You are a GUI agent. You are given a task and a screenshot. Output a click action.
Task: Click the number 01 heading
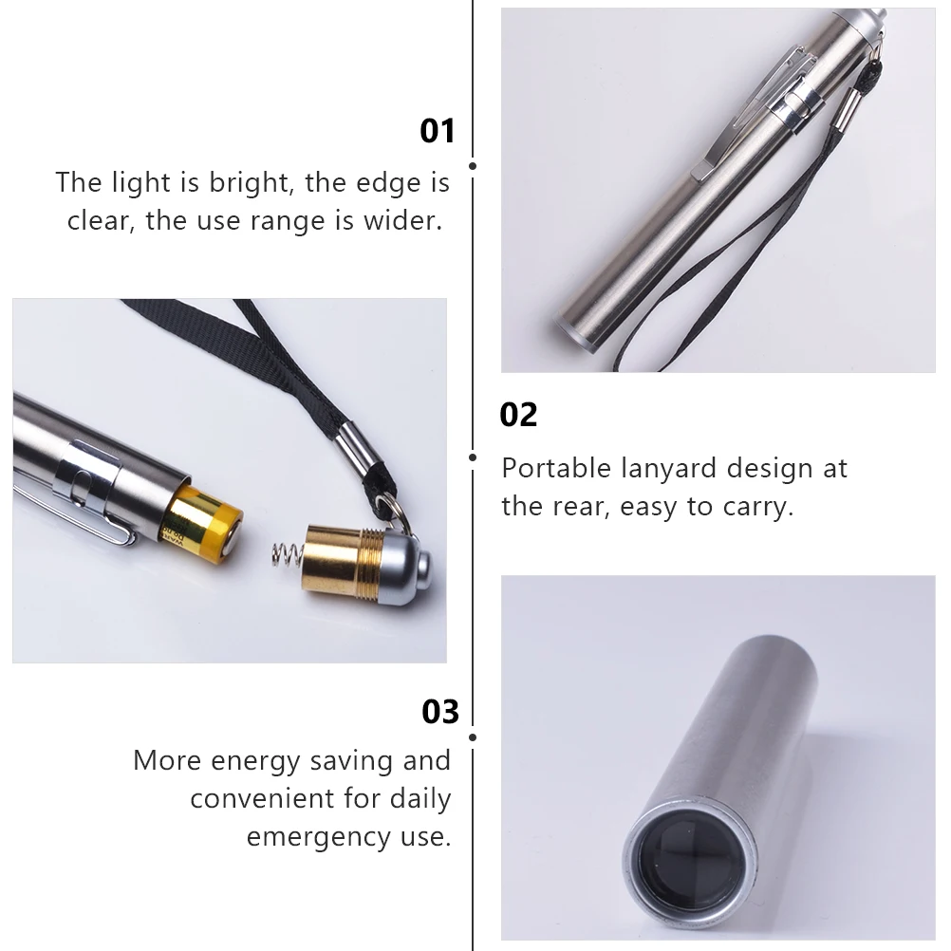[x=438, y=131]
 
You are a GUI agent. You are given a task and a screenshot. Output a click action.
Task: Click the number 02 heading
[x=518, y=415]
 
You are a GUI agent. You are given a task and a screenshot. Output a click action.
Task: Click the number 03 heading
[x=439, y=711]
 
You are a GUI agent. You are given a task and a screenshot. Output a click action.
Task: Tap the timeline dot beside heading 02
[x=473, y=457]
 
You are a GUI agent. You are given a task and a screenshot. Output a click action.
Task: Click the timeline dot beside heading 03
[x=473, y=736]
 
